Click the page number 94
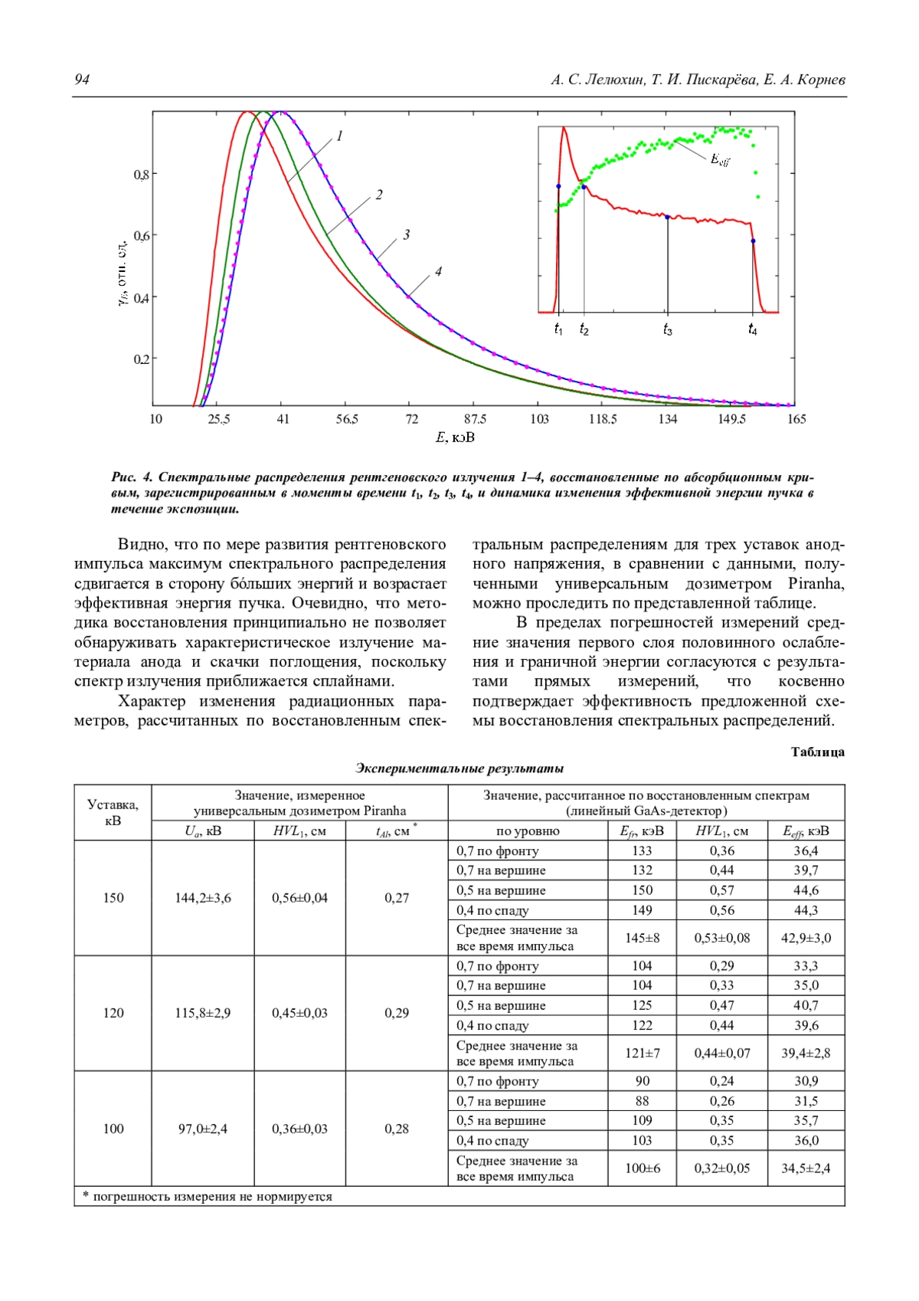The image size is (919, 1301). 82,80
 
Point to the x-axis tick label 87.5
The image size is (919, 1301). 475,419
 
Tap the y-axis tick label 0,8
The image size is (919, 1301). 142,175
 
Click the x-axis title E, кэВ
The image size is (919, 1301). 455,437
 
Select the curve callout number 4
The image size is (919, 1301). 438,271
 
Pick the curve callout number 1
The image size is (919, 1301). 339,136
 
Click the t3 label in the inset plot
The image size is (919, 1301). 668,330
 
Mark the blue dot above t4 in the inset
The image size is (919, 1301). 753,241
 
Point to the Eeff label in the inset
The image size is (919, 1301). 720,160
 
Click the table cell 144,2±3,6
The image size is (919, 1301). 203,898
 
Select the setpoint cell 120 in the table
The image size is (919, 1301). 113,1013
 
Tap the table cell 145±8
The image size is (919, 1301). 642,938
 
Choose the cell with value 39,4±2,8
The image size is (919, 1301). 806,1053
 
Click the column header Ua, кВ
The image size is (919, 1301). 203,831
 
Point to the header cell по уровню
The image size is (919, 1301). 528,831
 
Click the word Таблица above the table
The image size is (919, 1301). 817,752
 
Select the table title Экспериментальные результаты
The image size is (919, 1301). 459,768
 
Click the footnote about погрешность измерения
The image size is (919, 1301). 208,1196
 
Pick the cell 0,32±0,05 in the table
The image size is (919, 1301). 721,1168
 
